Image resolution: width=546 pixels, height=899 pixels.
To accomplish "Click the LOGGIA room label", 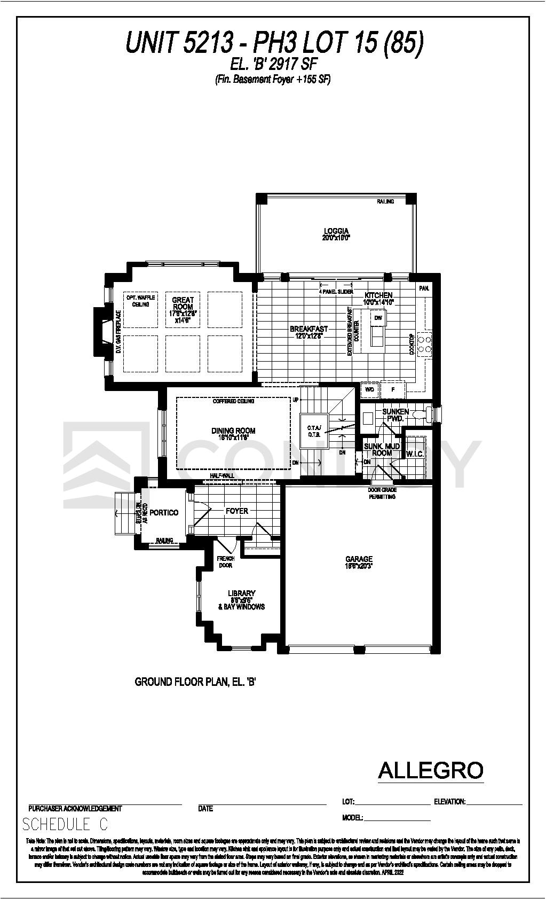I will pos(336,231).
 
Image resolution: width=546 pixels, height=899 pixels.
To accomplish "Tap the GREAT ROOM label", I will pos(183,303).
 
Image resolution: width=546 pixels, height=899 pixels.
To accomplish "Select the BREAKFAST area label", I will pos(308,329).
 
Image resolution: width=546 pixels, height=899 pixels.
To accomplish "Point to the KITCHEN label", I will pos(378,295).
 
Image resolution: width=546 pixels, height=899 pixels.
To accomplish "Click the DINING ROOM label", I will pos(233,431).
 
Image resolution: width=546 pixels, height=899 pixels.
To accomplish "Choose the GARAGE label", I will pos(359,559).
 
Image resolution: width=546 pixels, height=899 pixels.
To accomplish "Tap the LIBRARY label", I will pos(241,593).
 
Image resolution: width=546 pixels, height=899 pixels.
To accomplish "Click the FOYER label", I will pos(236,511).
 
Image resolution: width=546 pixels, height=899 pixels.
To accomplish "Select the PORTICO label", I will pos(164,513).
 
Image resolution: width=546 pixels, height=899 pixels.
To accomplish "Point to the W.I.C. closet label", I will pos(415,454).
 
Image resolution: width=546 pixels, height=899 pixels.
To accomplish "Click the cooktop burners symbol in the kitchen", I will pos(425,343).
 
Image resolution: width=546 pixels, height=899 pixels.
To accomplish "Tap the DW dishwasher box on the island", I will pos(378,318).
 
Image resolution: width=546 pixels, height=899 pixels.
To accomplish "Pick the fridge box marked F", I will pos(393,390).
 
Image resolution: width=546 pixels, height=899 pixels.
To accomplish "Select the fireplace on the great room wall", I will pos(102,331).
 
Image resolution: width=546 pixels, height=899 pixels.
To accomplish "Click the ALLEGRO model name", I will pos(430,770).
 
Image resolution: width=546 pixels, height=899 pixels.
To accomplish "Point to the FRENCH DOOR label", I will pos(225,562).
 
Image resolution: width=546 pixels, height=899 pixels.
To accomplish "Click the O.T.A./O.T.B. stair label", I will pos(313,431).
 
